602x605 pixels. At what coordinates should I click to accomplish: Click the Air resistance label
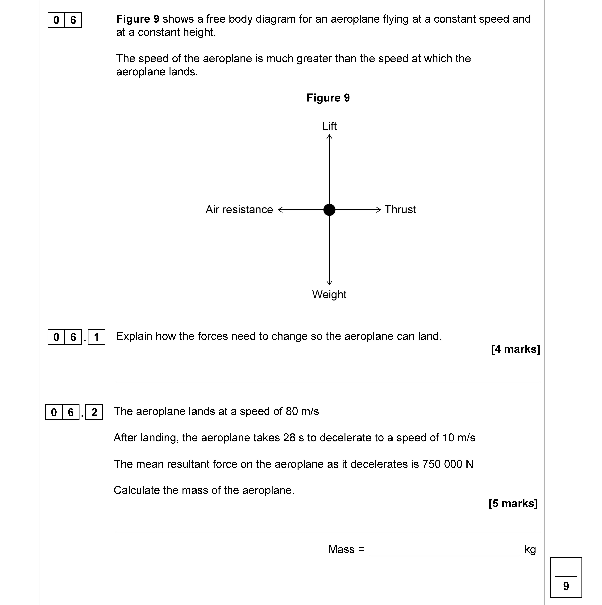[x=239, y=209]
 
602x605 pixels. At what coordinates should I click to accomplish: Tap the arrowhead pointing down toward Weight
[x=329, y=283]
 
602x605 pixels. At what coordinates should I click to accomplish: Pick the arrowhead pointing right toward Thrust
[x=379, y=209]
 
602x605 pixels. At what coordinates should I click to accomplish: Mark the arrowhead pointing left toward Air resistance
[x=280, y=209]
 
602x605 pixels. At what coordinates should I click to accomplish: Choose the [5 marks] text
[x=513, y=503]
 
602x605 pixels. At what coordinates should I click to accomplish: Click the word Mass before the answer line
[x=341, y=549]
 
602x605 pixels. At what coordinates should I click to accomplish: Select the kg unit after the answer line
[x=530, y=549]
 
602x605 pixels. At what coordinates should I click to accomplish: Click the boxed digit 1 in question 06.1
[x=96, y=337]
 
